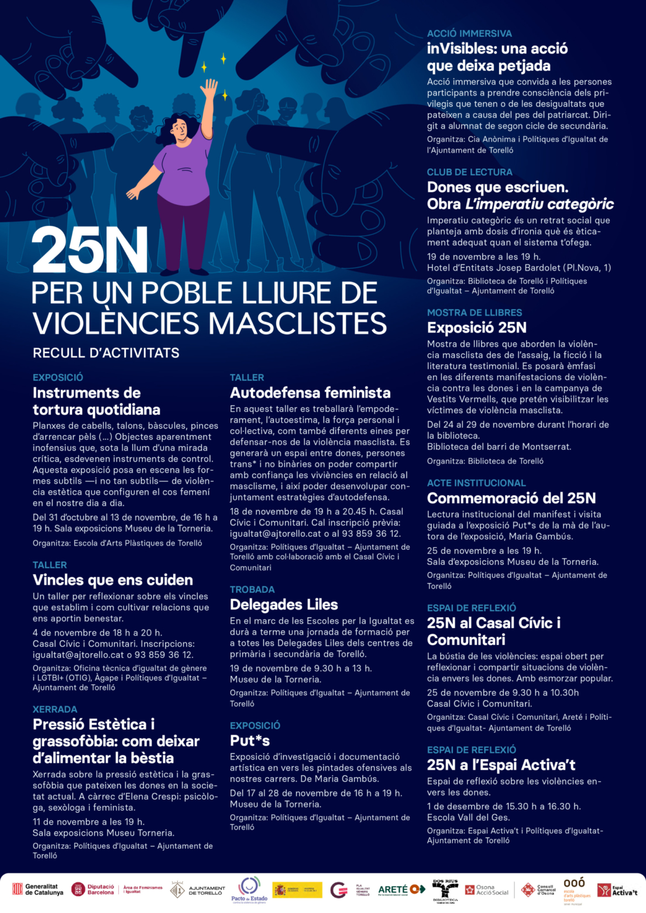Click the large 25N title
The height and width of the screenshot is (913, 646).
90,250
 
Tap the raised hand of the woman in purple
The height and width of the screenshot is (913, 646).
208,89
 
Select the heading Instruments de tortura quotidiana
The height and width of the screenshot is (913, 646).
96,401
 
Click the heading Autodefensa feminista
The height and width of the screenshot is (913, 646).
310,393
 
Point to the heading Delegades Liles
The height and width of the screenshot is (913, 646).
284,605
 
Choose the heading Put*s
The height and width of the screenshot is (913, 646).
250,740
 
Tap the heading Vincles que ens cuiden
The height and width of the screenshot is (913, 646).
112,580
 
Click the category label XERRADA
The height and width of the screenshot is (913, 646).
55,709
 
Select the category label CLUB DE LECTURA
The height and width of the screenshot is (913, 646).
469,172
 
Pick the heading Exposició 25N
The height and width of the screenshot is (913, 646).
476,328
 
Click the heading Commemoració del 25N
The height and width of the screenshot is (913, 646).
511,498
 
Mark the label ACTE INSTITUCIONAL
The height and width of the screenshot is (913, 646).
476,483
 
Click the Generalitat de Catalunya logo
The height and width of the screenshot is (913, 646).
38,890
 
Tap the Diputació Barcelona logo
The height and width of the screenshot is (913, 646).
93,890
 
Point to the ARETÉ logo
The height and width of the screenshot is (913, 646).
401,890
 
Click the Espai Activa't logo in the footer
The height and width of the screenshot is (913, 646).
617,890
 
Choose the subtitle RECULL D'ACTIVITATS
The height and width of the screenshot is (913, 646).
106,353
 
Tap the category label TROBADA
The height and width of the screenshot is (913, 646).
252,589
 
